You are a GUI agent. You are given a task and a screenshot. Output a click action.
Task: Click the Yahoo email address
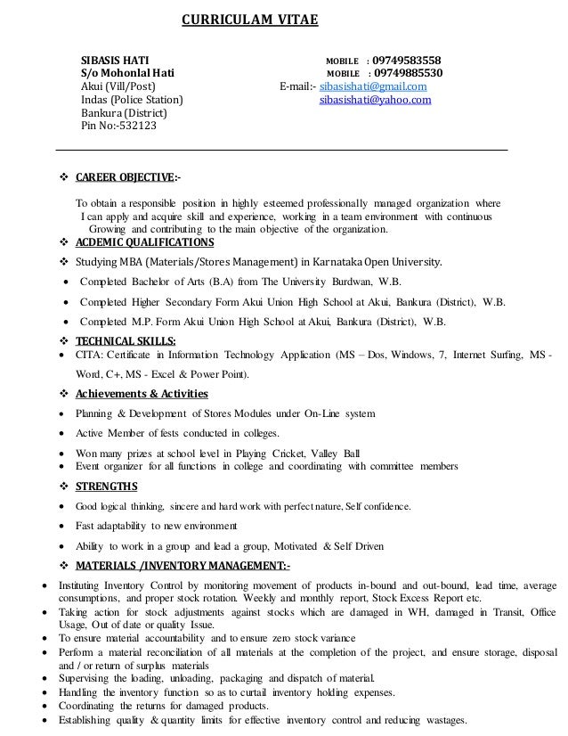[375, 101]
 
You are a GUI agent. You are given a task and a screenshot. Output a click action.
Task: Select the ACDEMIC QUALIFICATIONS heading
[144, 242]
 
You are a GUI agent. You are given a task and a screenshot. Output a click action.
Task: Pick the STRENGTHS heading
[106, 486]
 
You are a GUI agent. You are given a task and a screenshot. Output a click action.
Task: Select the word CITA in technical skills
[93, 356]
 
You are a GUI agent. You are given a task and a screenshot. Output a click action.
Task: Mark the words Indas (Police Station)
[132, 101]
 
